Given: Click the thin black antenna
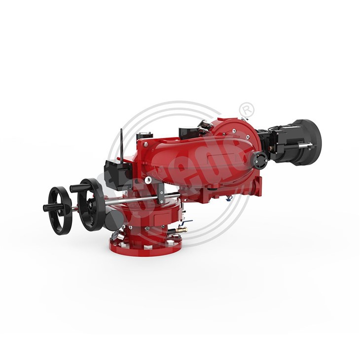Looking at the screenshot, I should [120, 143].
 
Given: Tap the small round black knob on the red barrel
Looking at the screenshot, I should [258, 159].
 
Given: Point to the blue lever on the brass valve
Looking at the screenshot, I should [184, 223].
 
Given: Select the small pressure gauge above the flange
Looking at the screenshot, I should [114, 237].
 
